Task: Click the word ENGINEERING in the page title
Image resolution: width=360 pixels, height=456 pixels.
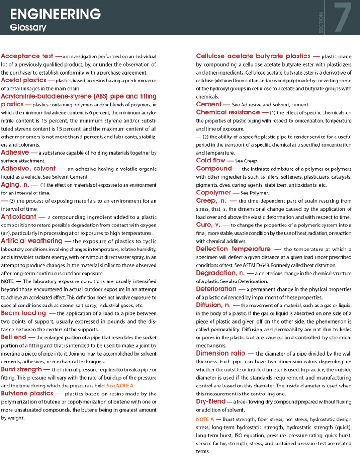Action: click(56, 14)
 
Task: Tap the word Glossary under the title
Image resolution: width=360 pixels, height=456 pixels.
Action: click(28, 28)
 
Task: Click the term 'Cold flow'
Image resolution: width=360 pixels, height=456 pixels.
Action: click(211, 160)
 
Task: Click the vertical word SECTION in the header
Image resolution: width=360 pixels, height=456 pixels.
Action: click(321, 22)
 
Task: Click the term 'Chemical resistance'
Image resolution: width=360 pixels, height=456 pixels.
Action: click(228, 112)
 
